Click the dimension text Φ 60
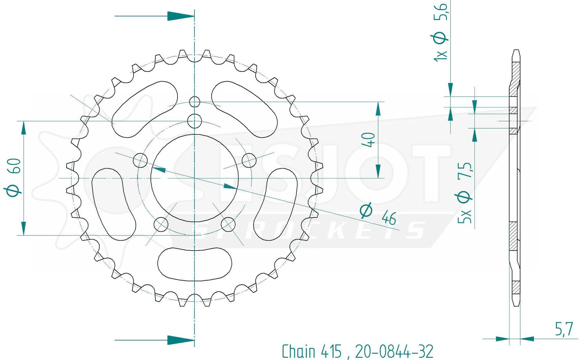13,178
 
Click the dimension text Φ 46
378,214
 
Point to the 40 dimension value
369,140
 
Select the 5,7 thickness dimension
563,329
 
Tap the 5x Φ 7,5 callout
465,193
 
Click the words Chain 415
311,351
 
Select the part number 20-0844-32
394,351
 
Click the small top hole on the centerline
195,102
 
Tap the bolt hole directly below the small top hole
195,121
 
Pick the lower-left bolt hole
161,224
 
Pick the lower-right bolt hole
228,224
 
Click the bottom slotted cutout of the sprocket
195,264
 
